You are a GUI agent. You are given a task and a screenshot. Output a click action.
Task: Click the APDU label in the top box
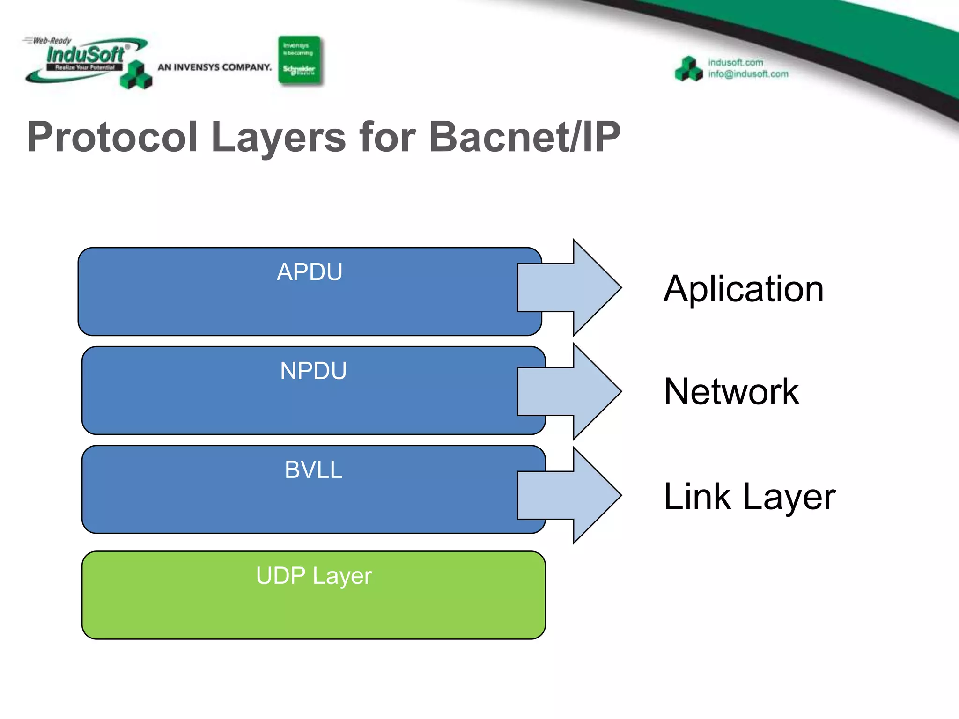coord(310,272)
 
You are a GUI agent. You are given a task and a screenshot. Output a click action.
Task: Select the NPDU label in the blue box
coord(313,371)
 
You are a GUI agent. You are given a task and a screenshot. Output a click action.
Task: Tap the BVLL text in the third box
coord(313,470)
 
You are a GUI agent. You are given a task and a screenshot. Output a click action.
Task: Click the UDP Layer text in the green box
coord(313,576)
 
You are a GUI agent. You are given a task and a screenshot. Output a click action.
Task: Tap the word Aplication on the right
coord(743,289)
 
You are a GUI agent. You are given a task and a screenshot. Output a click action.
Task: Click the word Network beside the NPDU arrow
coord(731,391)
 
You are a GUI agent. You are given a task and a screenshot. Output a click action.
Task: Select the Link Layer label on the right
coord(749,496)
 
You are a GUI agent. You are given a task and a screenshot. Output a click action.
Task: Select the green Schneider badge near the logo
coord(299,60)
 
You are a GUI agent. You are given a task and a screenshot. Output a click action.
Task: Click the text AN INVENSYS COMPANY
coord(214,67)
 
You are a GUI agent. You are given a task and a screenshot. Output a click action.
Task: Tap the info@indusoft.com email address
coord(748,74)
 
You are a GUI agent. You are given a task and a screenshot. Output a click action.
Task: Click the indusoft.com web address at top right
coord(735,62)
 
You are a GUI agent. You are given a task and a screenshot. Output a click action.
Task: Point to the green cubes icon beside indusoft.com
coord(688,69)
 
